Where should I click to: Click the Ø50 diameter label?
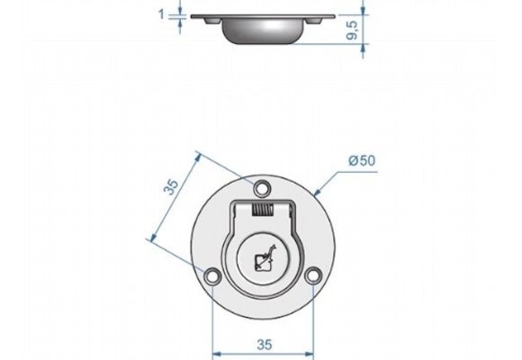362,160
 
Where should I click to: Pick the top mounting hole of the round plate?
262,189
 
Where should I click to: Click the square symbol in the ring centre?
263,261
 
